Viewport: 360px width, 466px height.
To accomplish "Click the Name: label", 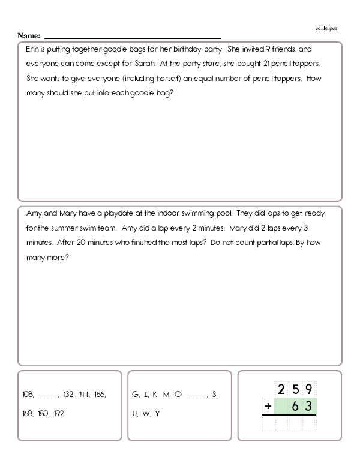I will (x=29, y=36).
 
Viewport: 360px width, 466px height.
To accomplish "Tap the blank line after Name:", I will (x=132, y=37).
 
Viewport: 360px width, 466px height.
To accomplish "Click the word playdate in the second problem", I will (x=115, y=214).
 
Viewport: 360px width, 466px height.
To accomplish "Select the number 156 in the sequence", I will (x=100, y=395).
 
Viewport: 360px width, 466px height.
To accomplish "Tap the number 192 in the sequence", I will (x=58, y=414).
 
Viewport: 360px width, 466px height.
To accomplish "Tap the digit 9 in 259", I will (x=309, y=389).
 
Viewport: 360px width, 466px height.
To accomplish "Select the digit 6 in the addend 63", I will (x=295, y=407).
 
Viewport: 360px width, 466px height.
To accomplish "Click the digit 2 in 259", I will (x=280, y=389).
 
